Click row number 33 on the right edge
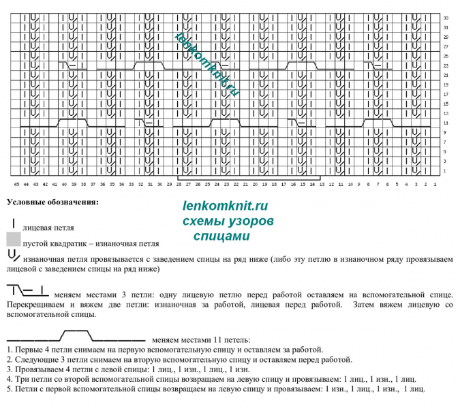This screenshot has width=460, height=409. [x=445, y=17]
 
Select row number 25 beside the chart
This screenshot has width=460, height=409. [x=445, y=56]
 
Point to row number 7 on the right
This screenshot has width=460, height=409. [x=445, y=142]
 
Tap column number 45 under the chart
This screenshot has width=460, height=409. [x=16, y=184]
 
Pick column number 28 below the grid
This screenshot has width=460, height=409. [x=179, y=184]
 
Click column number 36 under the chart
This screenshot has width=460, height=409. [x=102, y=184]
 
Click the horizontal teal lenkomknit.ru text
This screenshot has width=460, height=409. [x=226, y=206]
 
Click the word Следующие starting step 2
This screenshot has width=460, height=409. [x=33, y=358]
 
